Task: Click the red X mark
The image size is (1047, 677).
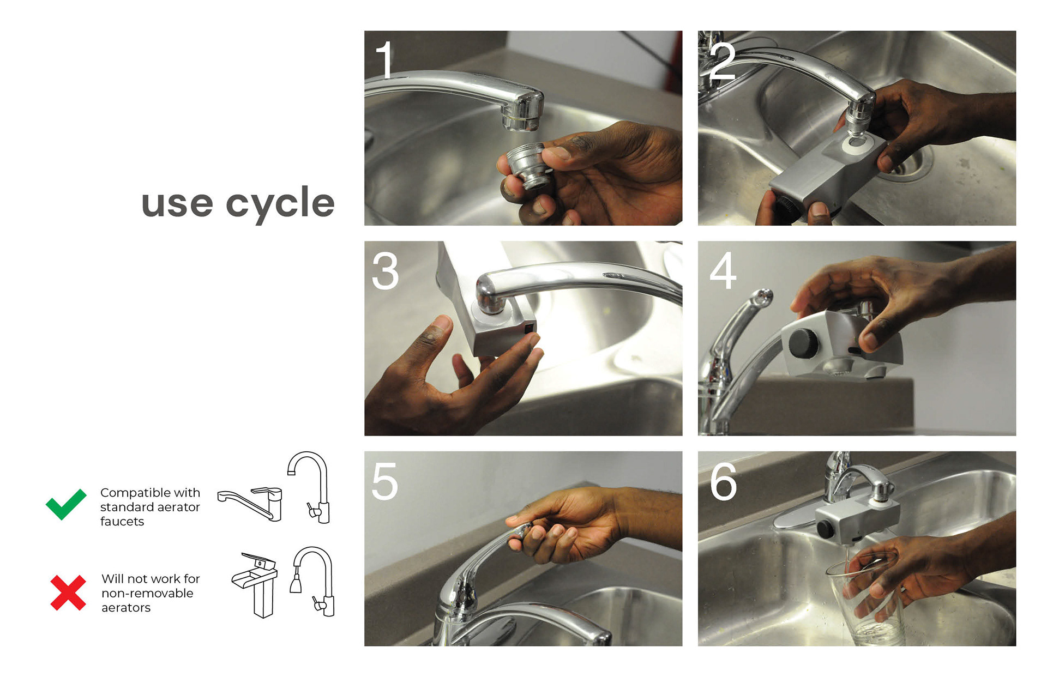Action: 68,593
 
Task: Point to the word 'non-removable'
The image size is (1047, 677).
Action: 147,593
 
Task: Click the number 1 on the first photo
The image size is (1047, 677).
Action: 384,60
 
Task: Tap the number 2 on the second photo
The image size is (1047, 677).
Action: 723,61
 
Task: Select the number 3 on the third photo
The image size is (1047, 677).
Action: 386,270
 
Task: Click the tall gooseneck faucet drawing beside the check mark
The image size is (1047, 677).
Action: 309,487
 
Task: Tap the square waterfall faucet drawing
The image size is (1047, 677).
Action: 256,585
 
